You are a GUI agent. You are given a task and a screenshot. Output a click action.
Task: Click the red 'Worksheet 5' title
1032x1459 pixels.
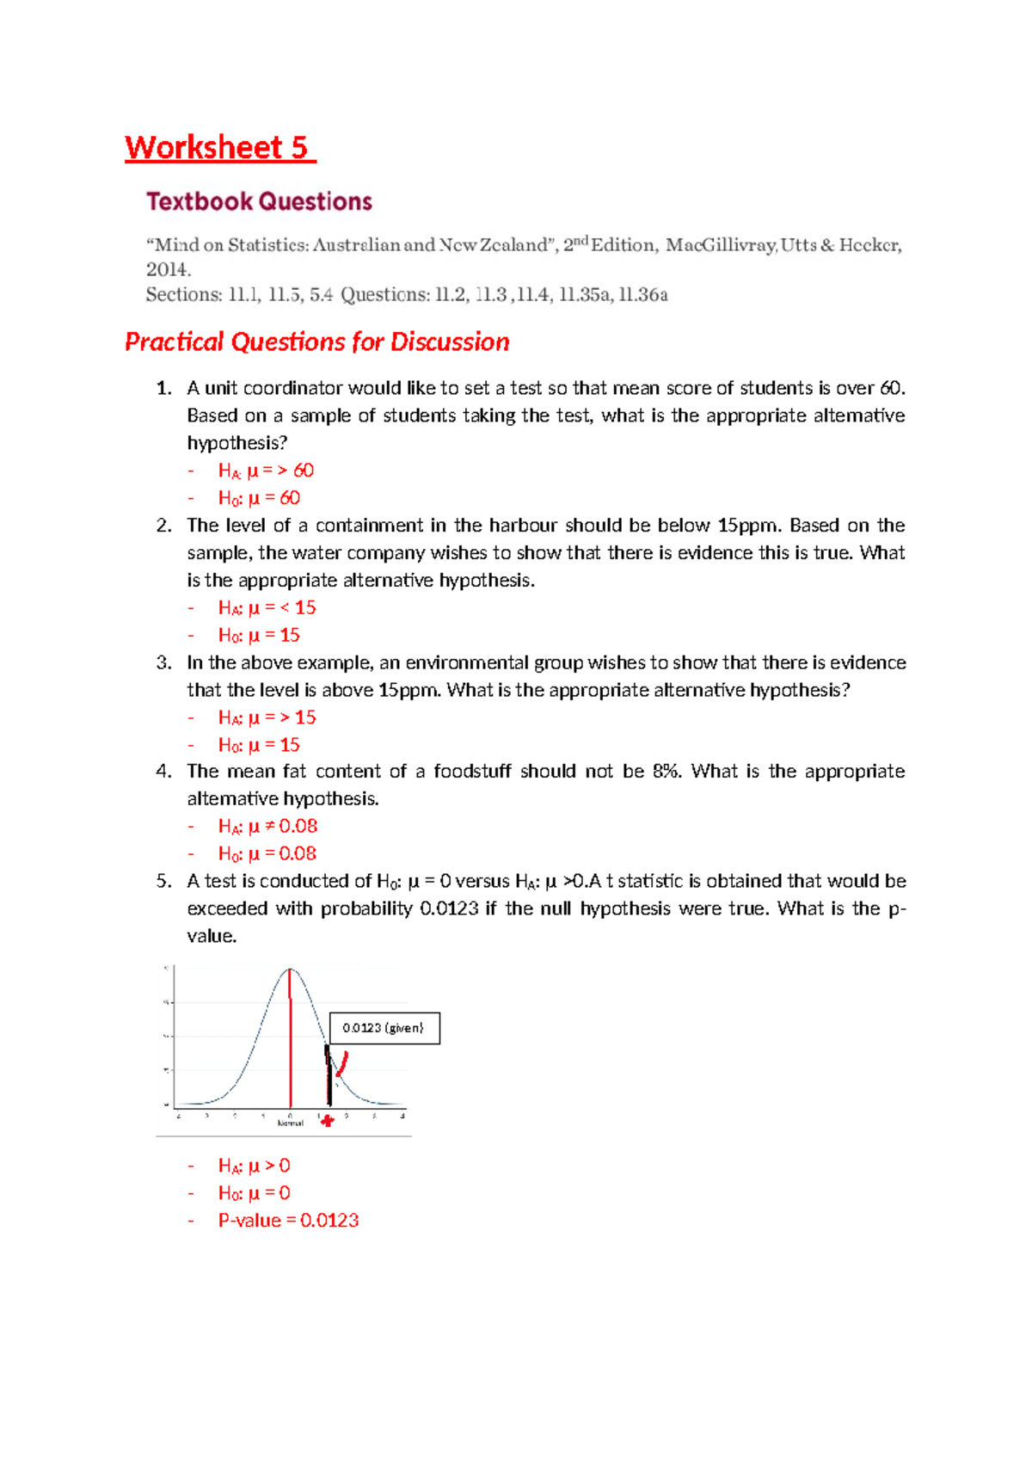[218, 148]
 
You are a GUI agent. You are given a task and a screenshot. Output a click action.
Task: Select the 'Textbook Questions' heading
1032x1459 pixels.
[259, 201]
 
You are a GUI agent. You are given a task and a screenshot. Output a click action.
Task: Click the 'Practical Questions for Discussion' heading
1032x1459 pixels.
[316, 342]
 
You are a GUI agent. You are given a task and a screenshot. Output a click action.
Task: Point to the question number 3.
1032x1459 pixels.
[163, 662]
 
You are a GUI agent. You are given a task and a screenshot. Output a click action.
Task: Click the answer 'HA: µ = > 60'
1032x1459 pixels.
[266, 471]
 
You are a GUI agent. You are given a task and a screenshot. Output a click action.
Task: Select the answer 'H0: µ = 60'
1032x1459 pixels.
[259, 498]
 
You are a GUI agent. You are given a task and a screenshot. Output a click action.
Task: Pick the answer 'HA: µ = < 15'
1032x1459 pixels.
[267, 607]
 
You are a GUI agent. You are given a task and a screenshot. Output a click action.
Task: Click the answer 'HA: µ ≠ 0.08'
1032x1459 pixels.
[267, 826]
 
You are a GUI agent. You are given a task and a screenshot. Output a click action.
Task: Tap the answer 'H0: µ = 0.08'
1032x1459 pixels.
[267, 853]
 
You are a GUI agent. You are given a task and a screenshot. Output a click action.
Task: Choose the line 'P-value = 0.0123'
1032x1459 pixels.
[288, 1220]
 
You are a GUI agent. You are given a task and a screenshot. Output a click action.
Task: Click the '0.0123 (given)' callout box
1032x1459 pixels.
[384, 1028]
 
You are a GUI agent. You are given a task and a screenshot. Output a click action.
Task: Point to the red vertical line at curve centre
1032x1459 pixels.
[291, 1041]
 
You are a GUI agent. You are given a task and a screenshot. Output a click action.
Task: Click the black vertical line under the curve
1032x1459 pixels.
[329, 1075]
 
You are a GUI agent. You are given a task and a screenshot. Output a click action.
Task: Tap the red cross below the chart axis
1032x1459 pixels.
[327, 1120]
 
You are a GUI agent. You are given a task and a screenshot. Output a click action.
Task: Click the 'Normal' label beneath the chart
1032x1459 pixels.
[290, 1123]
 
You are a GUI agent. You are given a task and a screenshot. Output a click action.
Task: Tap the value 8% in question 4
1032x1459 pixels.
[666, 771]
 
